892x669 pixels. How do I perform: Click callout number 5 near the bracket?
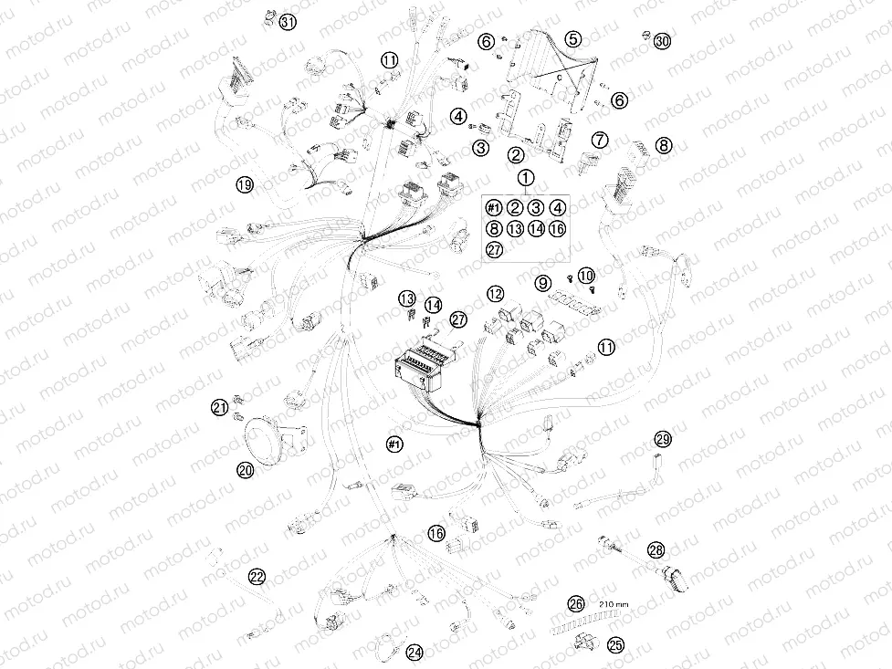point(572,39)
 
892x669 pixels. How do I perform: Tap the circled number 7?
point(600,140)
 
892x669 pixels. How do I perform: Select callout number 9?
point(542,283)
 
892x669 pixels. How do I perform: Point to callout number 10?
point(585,274)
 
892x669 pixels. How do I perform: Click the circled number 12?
point(495,294)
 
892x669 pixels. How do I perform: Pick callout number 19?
point(244,185)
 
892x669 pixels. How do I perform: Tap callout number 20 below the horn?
point(245,470)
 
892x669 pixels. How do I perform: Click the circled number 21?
point(219,406)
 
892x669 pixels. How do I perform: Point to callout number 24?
point(415,653)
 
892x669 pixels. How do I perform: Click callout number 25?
point(615,645)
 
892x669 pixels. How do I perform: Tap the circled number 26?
point(575,603)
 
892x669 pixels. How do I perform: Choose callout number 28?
point(656,549)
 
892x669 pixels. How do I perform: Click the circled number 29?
point(662,440)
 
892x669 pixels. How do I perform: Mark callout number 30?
point(662,41)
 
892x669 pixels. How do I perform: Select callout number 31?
point(288,22)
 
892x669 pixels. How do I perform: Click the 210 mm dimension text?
point(614,603)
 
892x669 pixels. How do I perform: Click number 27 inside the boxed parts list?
point(494,249)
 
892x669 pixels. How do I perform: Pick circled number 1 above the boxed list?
point(525,177)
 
